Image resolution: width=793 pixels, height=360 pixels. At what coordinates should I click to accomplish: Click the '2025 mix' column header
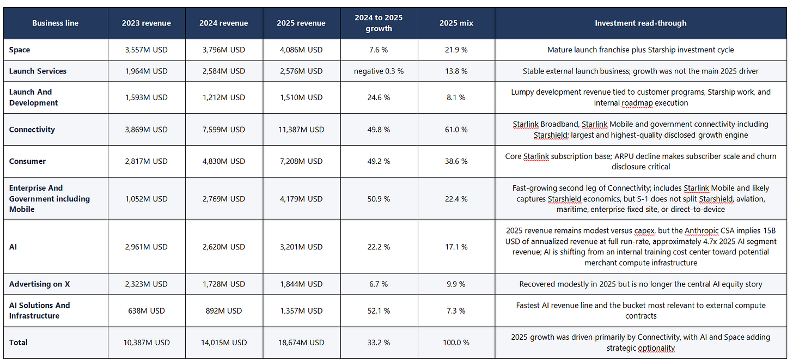click(x=456, y=23)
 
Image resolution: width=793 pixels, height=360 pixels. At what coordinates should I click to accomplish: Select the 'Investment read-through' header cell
click(x=640, y=23)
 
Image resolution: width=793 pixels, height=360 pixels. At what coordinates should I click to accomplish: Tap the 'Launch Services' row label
click(x=38, y=71)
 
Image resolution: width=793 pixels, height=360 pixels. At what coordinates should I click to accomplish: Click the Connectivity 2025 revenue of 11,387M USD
click(x=301, y=130)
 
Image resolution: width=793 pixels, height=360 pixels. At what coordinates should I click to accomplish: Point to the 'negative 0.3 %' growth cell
click(x=379, y=71)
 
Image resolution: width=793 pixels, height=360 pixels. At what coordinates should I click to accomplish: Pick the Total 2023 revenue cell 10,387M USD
click(x=147, y=343)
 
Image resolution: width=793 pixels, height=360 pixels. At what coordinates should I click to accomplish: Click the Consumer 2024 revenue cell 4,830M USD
click(x=224, y=161)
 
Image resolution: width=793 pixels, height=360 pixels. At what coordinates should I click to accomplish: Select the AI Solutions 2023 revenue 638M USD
click(x=147, y=311)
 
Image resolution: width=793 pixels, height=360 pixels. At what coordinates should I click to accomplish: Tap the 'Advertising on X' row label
click(x=39, y=284)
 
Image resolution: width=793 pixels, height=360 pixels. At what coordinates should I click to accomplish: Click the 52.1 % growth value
click(x=379, y=311)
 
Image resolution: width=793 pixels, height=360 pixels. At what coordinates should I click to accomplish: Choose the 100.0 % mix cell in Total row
click(x=456, y=343)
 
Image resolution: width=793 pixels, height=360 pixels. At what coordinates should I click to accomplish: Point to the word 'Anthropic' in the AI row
click(x=701, y=231)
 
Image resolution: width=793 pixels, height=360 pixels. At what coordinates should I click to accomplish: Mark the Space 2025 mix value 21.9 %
click(x=456, y=50)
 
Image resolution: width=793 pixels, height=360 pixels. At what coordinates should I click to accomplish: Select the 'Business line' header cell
click(x=55, y=23)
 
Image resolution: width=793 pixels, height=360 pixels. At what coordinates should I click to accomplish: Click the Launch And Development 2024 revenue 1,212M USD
click(x=224, y=97)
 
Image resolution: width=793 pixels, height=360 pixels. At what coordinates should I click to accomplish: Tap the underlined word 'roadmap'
click(x=637, y=103)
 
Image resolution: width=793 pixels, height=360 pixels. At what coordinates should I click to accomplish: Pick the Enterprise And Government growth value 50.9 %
click(x=379, y=199)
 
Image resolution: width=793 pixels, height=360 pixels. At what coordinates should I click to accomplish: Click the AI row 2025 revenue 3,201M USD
click(x=301, y=247)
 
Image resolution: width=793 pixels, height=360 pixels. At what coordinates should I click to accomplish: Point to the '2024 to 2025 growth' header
click(x=379, y=23)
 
